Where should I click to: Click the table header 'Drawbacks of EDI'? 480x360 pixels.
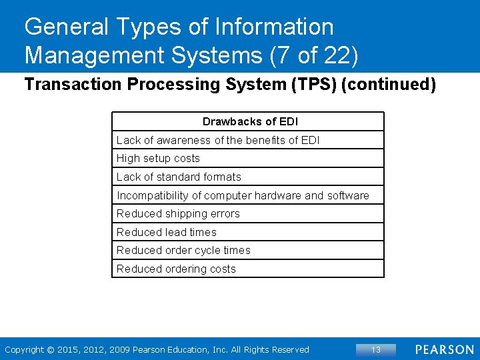(250, 121)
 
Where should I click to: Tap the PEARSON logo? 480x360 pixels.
(445, 349)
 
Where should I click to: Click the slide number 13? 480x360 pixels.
(375, 349)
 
